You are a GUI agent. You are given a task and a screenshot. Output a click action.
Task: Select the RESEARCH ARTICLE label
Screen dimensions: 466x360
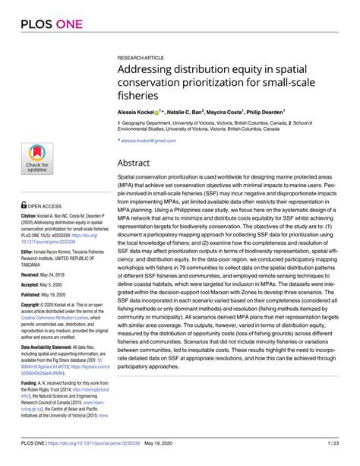click(142, 58)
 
